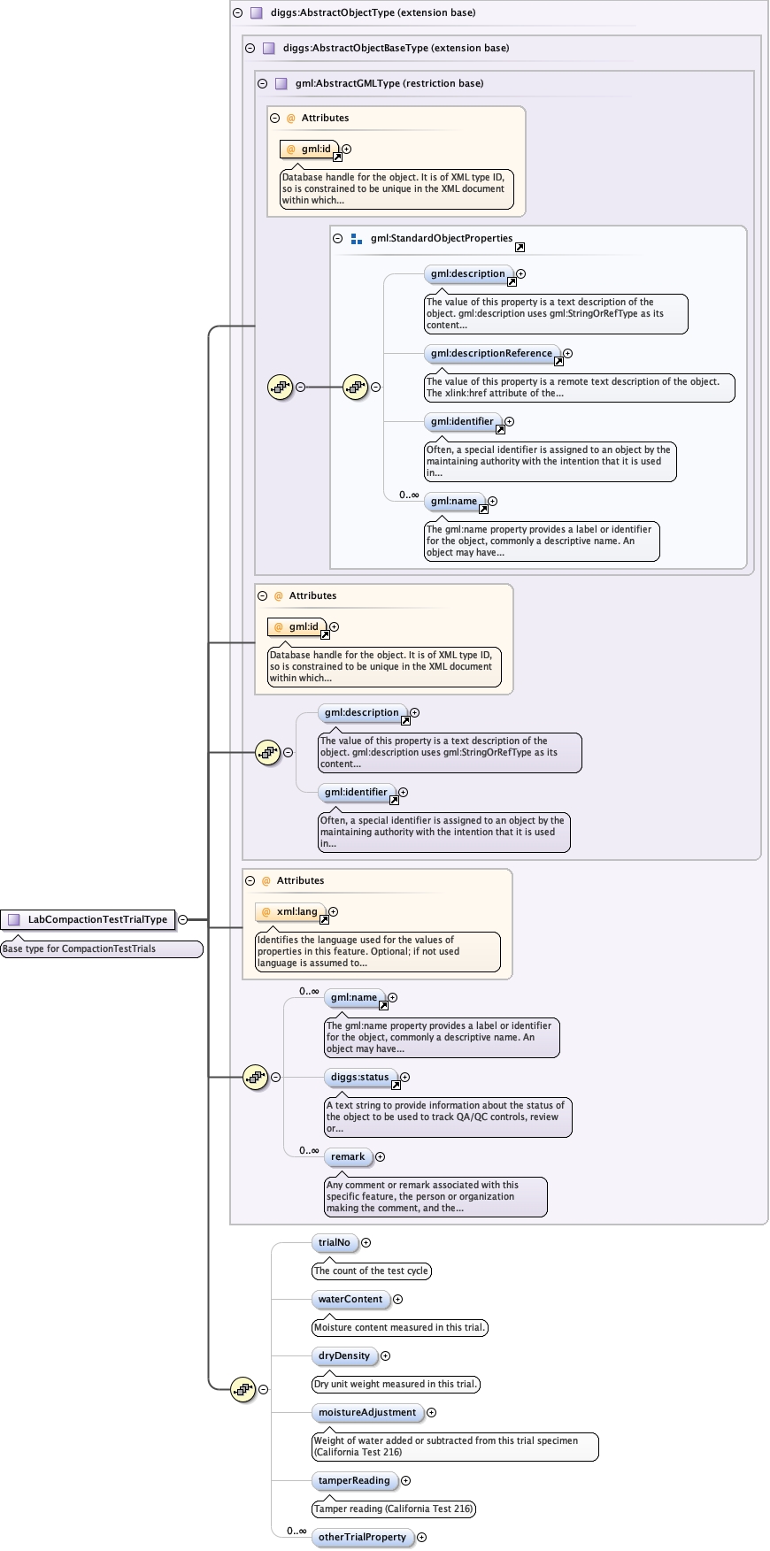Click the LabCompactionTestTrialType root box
pyautogui.click(x=88, y=919)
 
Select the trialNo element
pyautogui.click(x=335, y=1242)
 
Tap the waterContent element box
pyautogui.click(x=350, y=1299)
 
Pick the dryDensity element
pyautogui.click(x=344, y=1355)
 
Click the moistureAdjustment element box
pyautogui.click(x=367, y=1412)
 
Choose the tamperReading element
pyautogui.click(x=354, y=1480)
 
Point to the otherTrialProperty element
pyautogui.click(x=362, y=1537)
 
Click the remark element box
pyautogui.click(x=348, y=1156)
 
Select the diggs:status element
pyautogui.click(x=359, y=1077)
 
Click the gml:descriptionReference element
pyautogui.click(x=491, y=353)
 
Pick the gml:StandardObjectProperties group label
pyautogui.click(x=442, y=238)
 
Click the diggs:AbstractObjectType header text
pyautogui.click(x=373, y=12)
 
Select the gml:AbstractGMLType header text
pyautogui.click(x=389, y=83)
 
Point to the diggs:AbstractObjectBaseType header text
pyautogui.click(x=396, y=48)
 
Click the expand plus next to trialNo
pyautogui.click(x=366, y=1243)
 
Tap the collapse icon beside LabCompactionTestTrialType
pyautogui.click(x=182, y=919)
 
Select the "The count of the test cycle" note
pyautogui.click(x=372, y=1271)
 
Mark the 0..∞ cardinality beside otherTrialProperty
pyautogui.click(x=296, y=1531)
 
